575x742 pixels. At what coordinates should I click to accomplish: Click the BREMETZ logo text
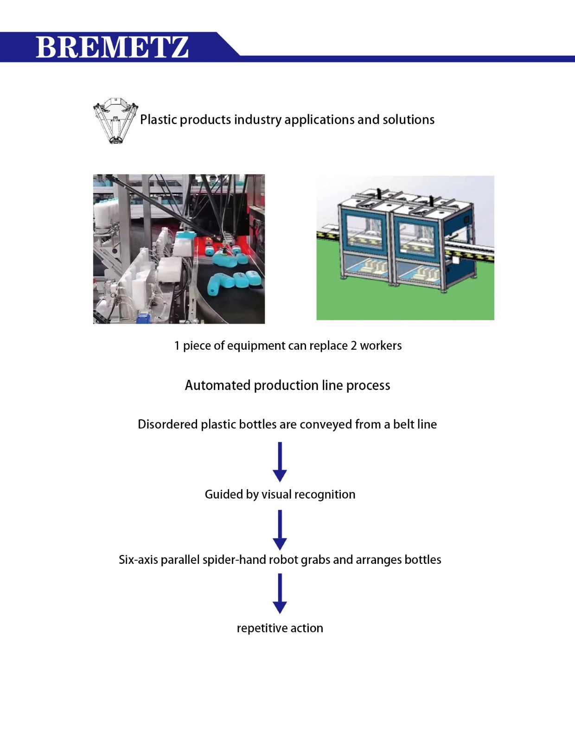pyautogui.click(x=112, y=47)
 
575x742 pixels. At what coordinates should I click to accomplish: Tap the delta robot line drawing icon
pyautogui.click(x=115, y=120)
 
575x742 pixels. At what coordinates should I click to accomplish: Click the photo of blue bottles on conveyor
pyautogui.click(x=179, y=249)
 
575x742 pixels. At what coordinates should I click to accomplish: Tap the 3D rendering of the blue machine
pyautogui.click(x=405, y=248)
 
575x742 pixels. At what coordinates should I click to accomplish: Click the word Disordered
pyautogui.click(x=167, y=424)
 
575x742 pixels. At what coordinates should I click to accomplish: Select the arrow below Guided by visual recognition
pyautogui.click(x=280, y=530)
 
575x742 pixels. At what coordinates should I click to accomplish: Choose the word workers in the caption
pyautogui.click(x=381, y=345)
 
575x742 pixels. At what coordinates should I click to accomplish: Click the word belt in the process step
pyautogui.click(x=403, y=424)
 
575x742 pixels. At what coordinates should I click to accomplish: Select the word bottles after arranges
pyautogui.click(x=422, y=560)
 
